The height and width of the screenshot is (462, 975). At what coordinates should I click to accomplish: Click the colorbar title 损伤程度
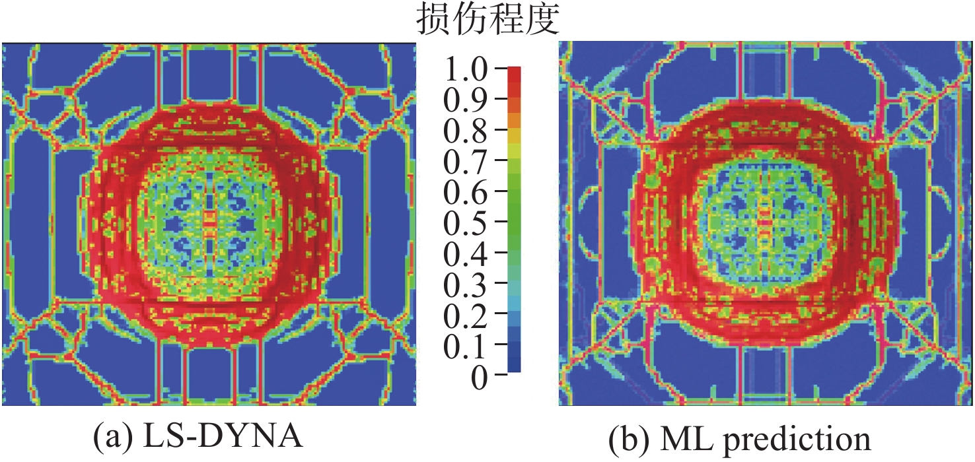coord(487,21)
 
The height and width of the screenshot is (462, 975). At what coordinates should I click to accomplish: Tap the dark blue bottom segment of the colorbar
coord(514,364)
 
